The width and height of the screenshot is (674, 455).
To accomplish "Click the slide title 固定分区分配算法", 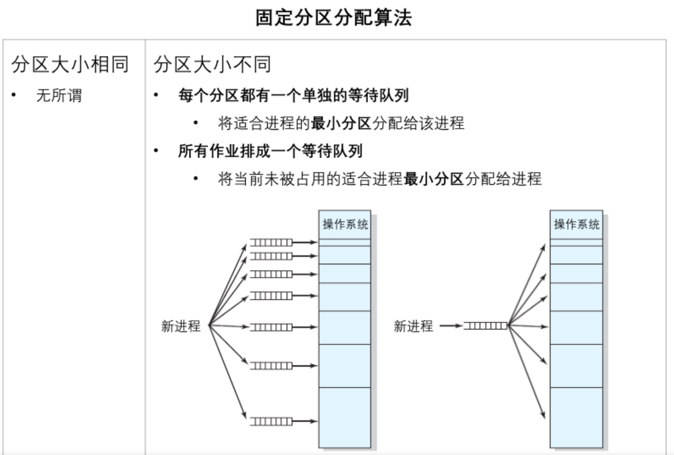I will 334,18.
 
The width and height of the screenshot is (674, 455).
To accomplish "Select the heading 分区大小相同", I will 70,64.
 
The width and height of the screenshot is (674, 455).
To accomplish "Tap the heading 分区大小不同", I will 212,64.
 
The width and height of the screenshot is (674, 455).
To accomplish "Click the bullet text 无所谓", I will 59,96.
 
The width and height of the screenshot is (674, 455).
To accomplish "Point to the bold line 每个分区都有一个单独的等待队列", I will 293,95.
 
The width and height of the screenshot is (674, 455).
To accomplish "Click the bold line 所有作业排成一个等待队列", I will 270,151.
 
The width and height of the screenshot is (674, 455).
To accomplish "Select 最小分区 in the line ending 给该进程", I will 341,123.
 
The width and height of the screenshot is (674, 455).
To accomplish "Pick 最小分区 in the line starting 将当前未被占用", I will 434,179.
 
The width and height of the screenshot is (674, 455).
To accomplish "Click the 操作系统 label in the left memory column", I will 345,224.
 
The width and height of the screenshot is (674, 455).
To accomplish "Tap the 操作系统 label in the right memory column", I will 576,224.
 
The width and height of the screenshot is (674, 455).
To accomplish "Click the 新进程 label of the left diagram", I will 181,326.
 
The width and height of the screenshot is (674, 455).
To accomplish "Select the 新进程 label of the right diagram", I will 413,326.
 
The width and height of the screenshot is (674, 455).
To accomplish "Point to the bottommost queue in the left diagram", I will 271,422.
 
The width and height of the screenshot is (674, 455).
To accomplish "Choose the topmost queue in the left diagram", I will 271,243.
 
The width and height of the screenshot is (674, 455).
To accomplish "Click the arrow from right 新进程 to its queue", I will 451,326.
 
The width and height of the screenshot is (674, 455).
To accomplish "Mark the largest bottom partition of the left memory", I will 345,417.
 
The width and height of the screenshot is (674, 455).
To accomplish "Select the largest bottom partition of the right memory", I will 576,417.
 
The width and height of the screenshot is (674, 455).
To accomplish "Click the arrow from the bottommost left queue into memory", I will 305,421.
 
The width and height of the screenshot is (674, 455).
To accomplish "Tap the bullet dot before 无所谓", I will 14,95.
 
